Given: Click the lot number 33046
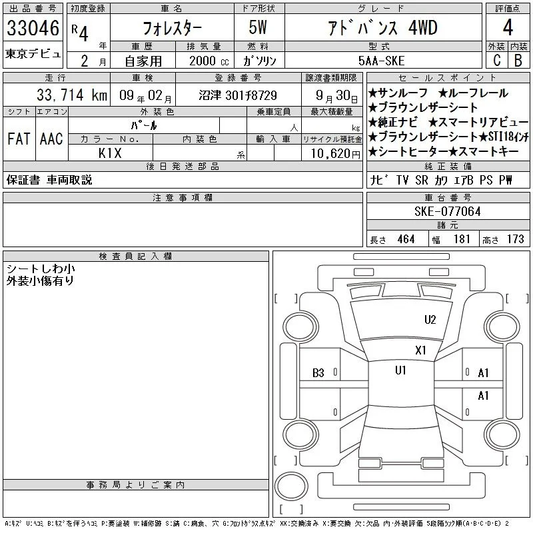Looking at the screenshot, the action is click(33, 28).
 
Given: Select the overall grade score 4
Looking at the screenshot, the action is click(508, 27).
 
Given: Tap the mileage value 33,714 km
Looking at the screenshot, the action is click(72, 95).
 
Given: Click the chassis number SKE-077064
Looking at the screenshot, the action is click(447, 212).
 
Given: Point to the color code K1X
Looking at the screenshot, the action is click(110, 153).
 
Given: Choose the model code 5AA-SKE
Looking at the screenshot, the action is click(381, 61).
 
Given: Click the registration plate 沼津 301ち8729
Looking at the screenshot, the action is click(238, 95).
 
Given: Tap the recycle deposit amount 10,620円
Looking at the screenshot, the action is click(335, 154).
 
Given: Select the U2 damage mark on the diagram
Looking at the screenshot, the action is click(430, 320).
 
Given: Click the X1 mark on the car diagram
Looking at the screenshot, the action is click(420, 350).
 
